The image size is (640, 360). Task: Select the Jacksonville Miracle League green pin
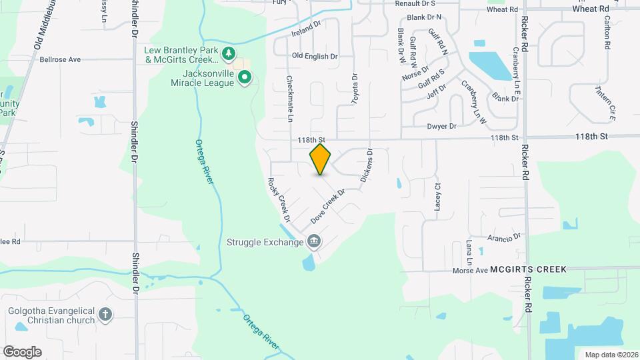click(245, 78)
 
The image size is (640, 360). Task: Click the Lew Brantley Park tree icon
click(229, 53)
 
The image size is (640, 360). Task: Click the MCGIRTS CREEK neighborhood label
click(528, 269)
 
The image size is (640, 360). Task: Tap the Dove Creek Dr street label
click(327, 207)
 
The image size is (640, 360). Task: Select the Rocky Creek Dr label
click(279, 199)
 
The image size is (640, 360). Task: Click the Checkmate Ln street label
click(290, 99)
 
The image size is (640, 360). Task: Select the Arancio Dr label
click(504, 237)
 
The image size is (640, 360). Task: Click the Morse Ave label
click(471, 270)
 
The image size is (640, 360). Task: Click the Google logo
click(22, 351)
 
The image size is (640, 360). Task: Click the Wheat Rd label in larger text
click(591, 9)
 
